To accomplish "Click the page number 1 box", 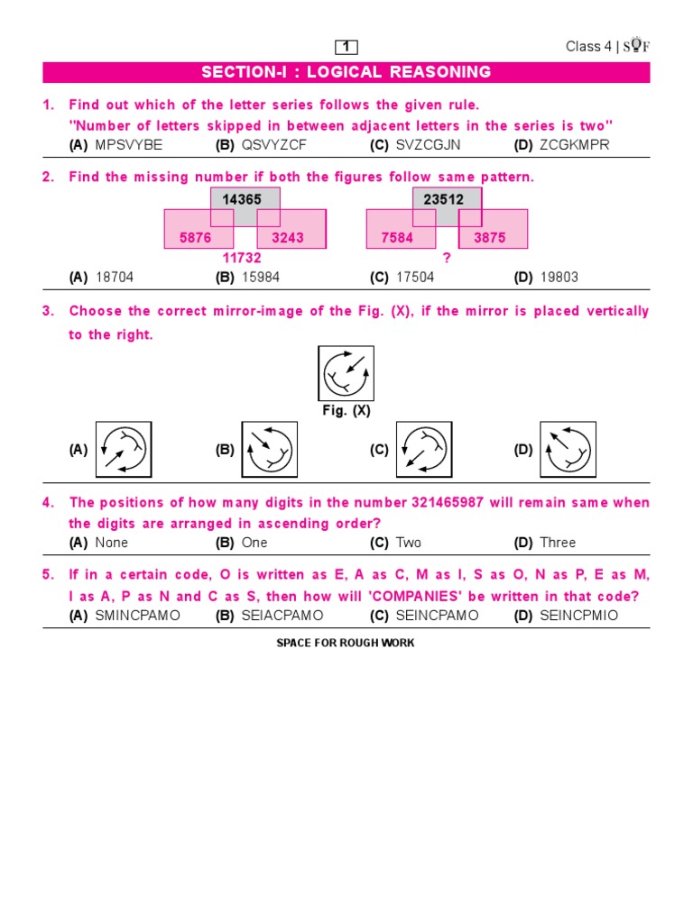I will [x=346, y=47].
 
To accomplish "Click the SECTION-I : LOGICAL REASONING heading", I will [x=346, y=72].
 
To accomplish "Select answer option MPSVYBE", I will [x=128, y=145].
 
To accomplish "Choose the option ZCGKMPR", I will [x=572, y=145].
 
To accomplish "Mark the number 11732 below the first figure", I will [x=242, y=258].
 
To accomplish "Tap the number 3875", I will [x=489, y=238].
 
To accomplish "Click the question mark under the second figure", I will [x=446, y=258].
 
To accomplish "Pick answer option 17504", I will [x=415, y=278].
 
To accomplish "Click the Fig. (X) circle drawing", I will [x=346, y=373].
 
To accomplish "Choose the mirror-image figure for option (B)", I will [x=269, y=449].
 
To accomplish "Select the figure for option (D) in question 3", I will [x=568, y=449].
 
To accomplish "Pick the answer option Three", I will [x=558, y=543].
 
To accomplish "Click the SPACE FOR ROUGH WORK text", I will [x=346, y=644].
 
